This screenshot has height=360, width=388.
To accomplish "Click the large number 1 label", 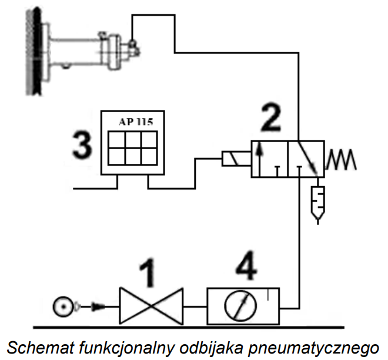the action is [148, 273].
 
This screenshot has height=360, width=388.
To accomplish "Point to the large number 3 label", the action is [82, 144].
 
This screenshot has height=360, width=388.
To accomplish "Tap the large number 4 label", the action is [246, 266].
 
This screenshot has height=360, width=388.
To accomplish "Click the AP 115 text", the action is [136, 122].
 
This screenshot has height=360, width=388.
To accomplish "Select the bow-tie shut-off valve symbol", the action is [151, 306].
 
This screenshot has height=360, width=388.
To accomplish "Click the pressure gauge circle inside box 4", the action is [240, 305].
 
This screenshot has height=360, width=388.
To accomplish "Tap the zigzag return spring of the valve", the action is [341, 160].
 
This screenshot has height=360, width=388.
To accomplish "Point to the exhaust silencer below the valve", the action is [318, 203].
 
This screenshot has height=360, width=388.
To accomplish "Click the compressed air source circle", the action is [63, 307].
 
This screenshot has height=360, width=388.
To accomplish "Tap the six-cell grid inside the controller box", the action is [133, 148].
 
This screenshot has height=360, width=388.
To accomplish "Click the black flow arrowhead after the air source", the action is [98, 307].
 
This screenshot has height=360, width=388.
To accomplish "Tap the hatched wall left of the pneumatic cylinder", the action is [34, 52].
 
